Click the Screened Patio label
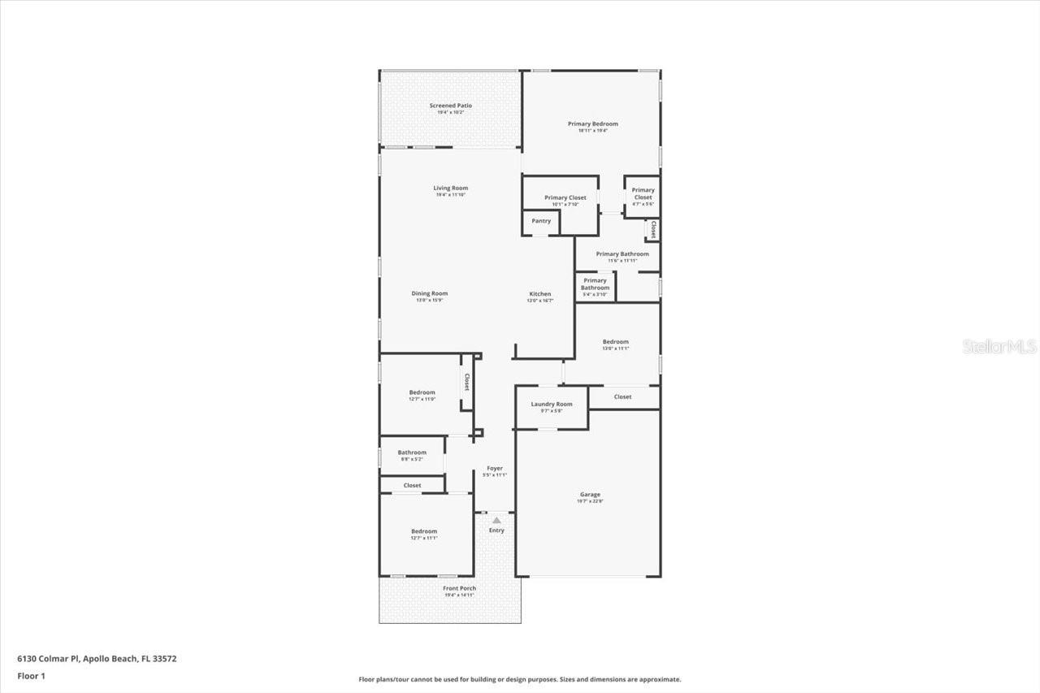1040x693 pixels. tap(450, 106)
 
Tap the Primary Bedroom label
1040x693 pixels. tap(592, 124)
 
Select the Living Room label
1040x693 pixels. tap(450, 188)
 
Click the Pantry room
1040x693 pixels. tap(541, 221)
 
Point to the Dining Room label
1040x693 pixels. tap(429, 294)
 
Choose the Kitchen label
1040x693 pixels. tap(540, 294)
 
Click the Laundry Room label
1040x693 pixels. tap(552, 405)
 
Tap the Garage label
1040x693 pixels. tap(590, 495)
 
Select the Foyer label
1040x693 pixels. tap(494, 469)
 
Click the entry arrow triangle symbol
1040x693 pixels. tap(496, 519)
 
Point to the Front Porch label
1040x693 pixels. tap(459, 589)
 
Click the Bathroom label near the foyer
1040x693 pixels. tap(412, 453)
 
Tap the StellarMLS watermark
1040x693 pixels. tap(999, 347)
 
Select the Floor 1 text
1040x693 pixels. tap(32, 676)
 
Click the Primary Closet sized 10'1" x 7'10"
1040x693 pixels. tap(565, 198)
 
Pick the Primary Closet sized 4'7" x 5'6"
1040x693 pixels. tap(643, 194)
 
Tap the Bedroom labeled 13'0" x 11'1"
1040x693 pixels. tap(615, 342)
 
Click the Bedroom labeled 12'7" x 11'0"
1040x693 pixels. tap(422, 393)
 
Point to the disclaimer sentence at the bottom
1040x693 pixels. tap(520, 679)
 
